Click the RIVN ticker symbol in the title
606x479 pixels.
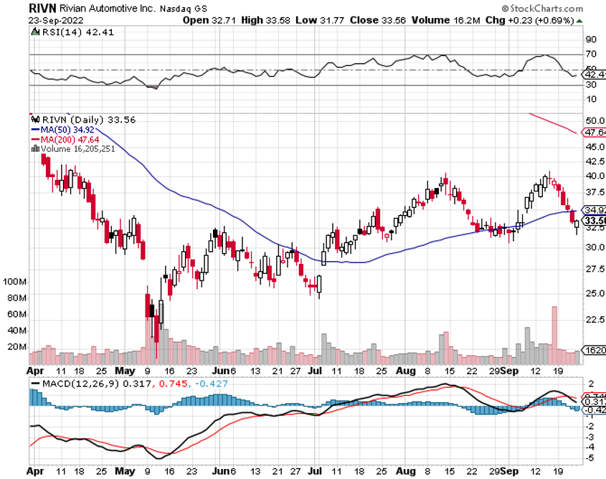point(43,8)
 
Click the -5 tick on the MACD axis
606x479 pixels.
point(590,457)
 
